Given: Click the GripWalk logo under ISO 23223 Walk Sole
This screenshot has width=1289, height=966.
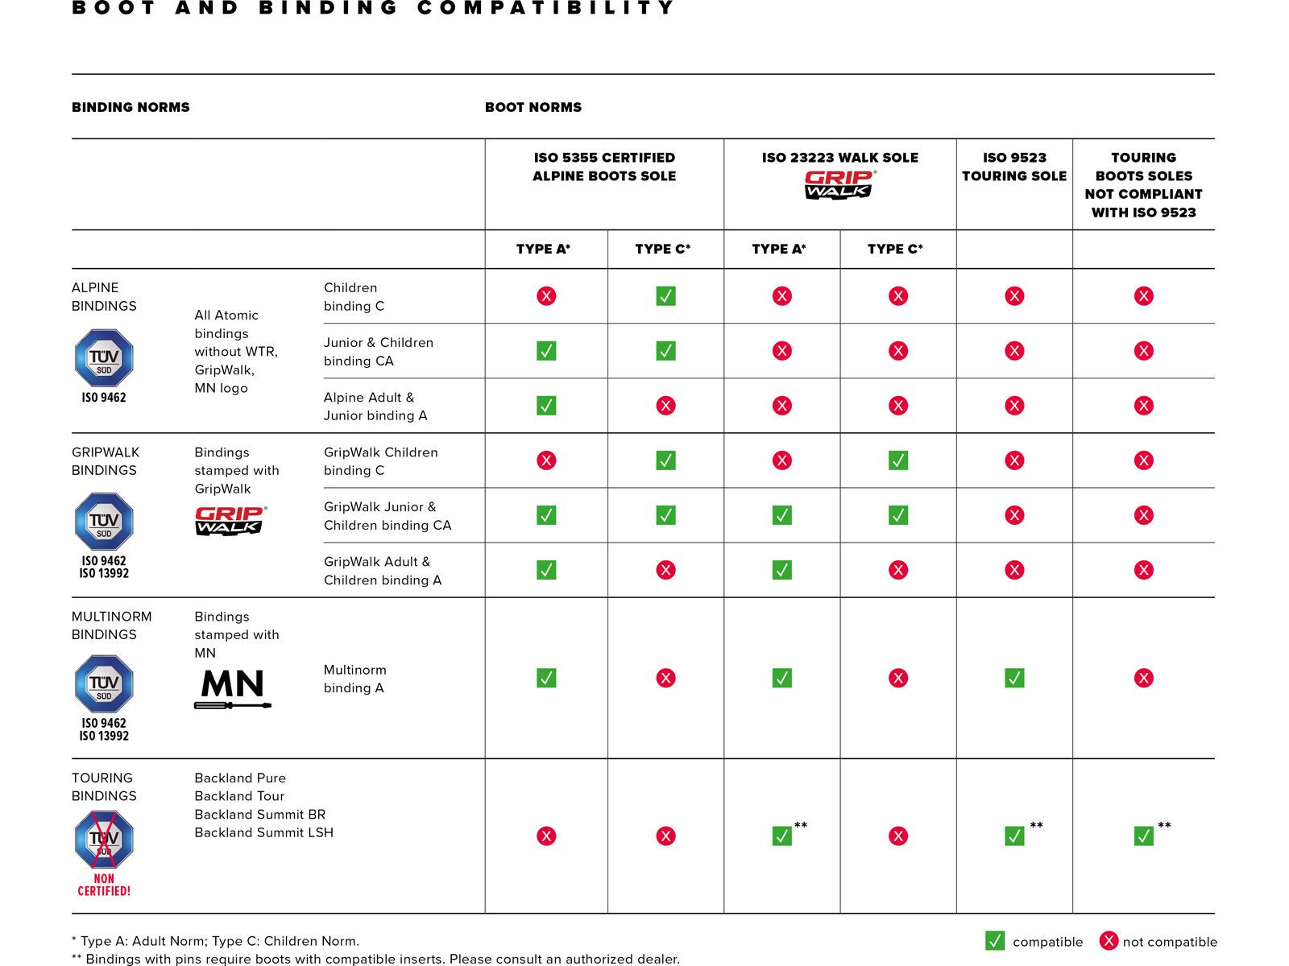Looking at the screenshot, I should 839,185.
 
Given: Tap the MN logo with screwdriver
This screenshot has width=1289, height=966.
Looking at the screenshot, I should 232,688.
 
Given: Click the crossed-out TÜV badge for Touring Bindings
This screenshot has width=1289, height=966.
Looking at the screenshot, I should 104,840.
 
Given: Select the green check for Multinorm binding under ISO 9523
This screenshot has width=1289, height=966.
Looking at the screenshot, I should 1014,678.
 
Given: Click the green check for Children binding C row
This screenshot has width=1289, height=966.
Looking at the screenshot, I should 665,296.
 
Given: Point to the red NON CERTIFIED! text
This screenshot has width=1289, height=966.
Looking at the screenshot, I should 104,885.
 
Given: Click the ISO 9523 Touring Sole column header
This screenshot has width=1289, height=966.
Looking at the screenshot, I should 1014,167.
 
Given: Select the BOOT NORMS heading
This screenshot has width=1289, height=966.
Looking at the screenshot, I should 533,107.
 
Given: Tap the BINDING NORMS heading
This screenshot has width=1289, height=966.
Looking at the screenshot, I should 131,107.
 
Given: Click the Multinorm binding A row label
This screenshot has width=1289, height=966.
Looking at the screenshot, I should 354,679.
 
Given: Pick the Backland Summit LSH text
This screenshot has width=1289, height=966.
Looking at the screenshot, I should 263,832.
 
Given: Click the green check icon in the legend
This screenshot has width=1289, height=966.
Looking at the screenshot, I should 995,941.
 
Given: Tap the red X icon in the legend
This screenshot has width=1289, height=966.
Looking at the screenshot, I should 1109,941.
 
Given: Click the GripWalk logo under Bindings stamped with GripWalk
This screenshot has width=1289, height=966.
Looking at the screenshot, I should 230,520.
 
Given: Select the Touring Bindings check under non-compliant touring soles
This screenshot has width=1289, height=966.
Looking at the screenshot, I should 1143,836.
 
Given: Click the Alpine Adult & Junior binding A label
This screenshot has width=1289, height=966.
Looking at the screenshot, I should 375,407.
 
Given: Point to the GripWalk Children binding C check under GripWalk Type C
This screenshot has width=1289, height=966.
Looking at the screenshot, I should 898,460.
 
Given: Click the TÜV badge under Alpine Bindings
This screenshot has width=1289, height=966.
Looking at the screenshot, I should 104,358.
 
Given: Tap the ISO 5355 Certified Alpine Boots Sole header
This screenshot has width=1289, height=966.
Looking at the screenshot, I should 604,167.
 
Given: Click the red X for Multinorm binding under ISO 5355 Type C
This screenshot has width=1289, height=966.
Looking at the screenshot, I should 665,678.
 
